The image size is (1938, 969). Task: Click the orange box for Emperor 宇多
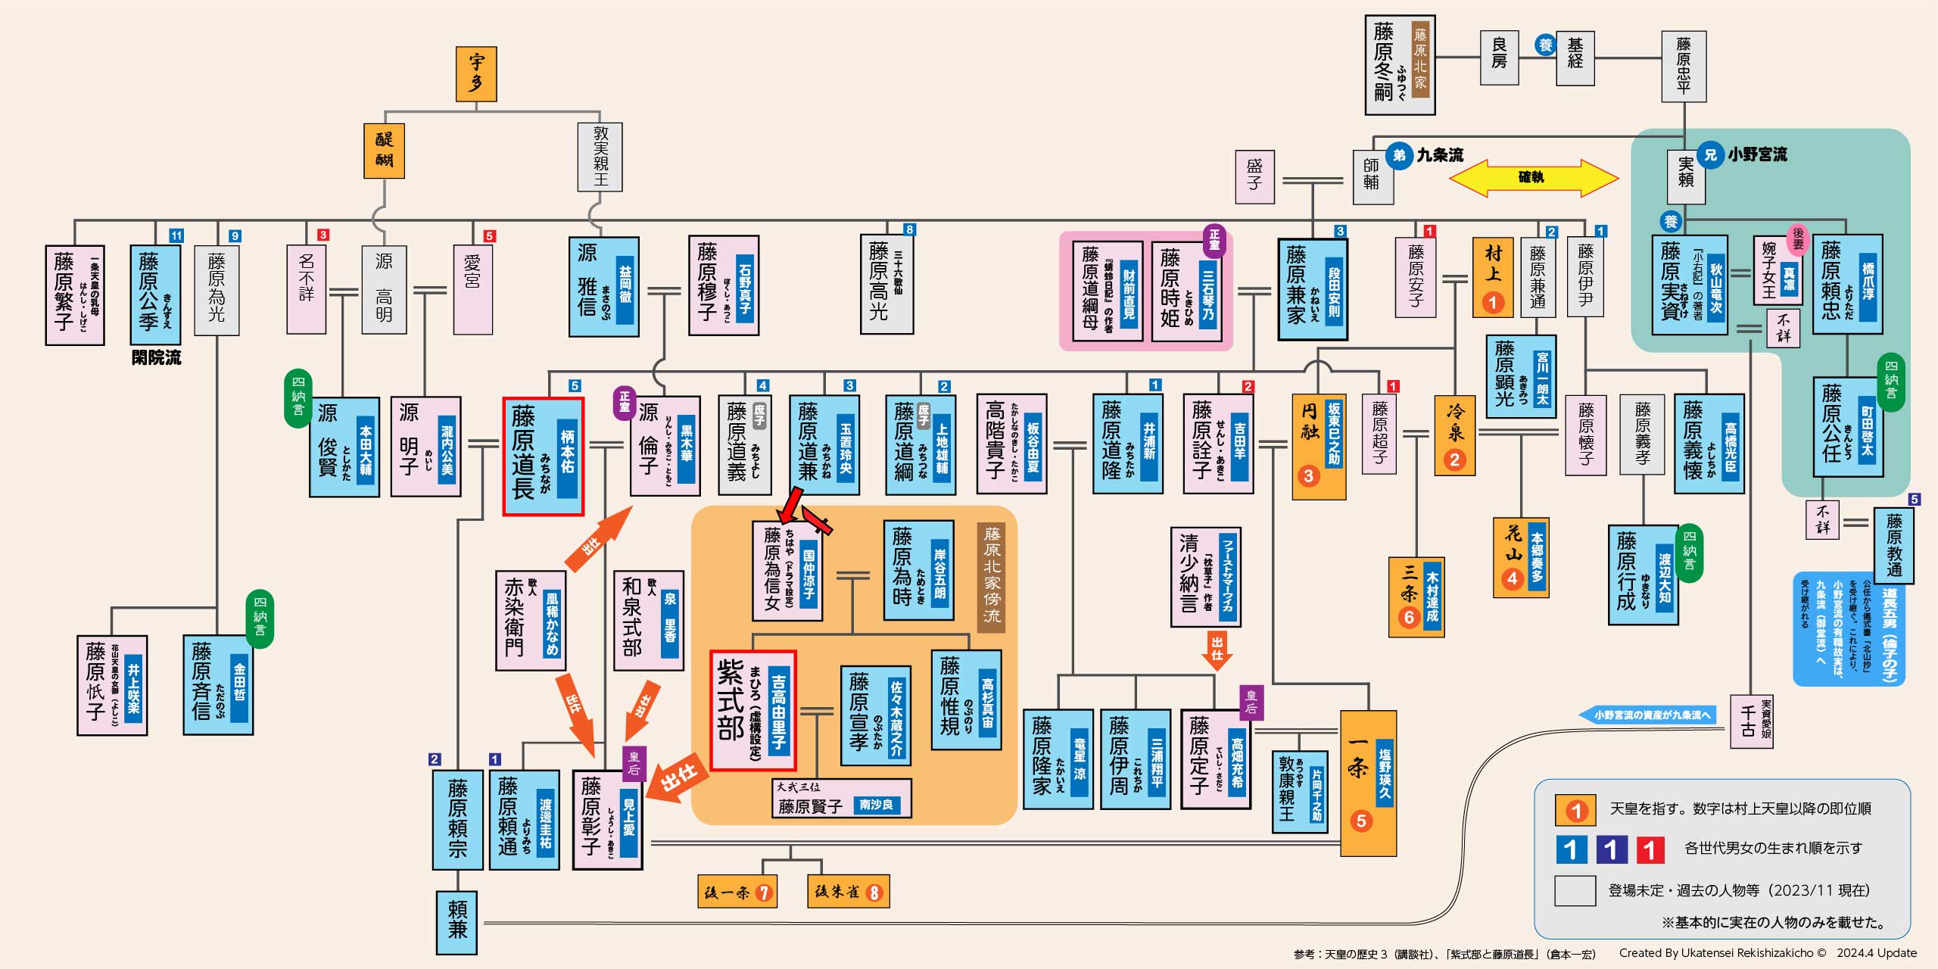pyautogui.click(x=475, y=73)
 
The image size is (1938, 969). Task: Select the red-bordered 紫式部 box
pyautogui.click(x=752, y=710)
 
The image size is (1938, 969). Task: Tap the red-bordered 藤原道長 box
pyautogui.click(x=543, y=456)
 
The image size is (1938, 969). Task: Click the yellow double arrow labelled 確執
pyautogui.click(x=1533, y=178)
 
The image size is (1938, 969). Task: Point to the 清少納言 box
pyautogui.click(x=1205, y=577)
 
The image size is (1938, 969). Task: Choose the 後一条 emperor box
pyautogui.click(x=737, y=892)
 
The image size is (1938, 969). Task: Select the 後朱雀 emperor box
pyautogui.click(x=847, y=892)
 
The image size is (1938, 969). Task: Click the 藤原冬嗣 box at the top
pyautogui.click(x=1399, y=65)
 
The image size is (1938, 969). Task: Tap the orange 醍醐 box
pyautogui.click(x=384, y=151)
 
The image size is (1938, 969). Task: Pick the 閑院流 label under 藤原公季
pyautogui.click(x=156, y=358)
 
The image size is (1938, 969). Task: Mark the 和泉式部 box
pyautogui.click(x=648, y=620)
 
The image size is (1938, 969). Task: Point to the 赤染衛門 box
pyautogui.click(x=530, y=620)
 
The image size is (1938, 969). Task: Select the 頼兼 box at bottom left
pyautogui.click(x=457, y=921)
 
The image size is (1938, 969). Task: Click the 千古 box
pyautogui.click(x=1751, y=721)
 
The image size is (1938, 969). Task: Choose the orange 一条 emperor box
pyautogui.click(x=1368, y=783)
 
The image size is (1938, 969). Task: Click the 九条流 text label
pyautogui.click(x=1440, y=155)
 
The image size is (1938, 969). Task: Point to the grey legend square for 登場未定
pyautogui.click(x=1575, y=890)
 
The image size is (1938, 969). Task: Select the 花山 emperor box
pyautogui.click(x=1520, y=557)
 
